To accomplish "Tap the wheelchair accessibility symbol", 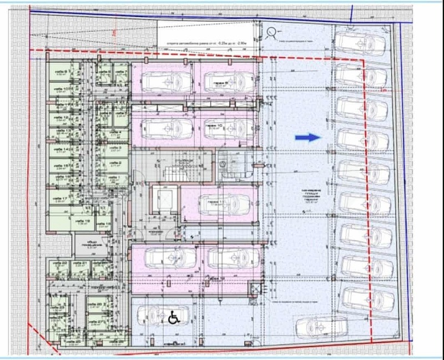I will [173, 318].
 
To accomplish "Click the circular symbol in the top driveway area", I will [272, 32].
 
